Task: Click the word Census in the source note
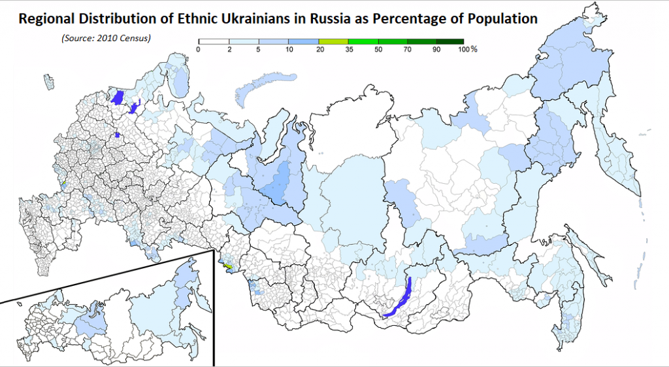coord(137,38)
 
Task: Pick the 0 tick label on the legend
coord(198,50)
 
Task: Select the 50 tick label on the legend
coord(379,50)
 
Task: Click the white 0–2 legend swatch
coord(212,42)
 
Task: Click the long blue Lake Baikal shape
coord(400,298)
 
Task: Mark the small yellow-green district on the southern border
coord(228,266)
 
